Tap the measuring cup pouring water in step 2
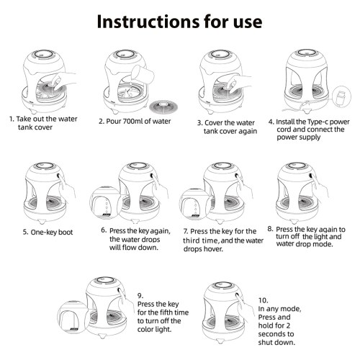click(143, 74)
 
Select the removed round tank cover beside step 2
click(163, 107)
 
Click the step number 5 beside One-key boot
click(25, 233)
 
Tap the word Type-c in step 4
click(316, 122)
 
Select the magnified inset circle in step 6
click(106, 204)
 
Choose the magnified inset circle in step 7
click(195, 204)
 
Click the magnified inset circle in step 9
click(73, 318)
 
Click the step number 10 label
click(264, 300)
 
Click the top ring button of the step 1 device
click(43, 54)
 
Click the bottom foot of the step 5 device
click(42, 222)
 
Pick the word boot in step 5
click(66, 233)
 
